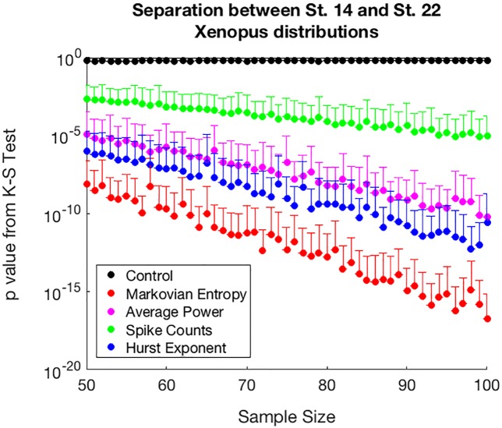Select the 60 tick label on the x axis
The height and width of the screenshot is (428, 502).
point(166,385)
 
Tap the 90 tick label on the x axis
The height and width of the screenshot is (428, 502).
point(407,385)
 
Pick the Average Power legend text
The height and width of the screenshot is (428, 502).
point(172,311)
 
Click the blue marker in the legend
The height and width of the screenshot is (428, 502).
point(110,347)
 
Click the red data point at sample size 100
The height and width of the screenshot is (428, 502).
point(487,318)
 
